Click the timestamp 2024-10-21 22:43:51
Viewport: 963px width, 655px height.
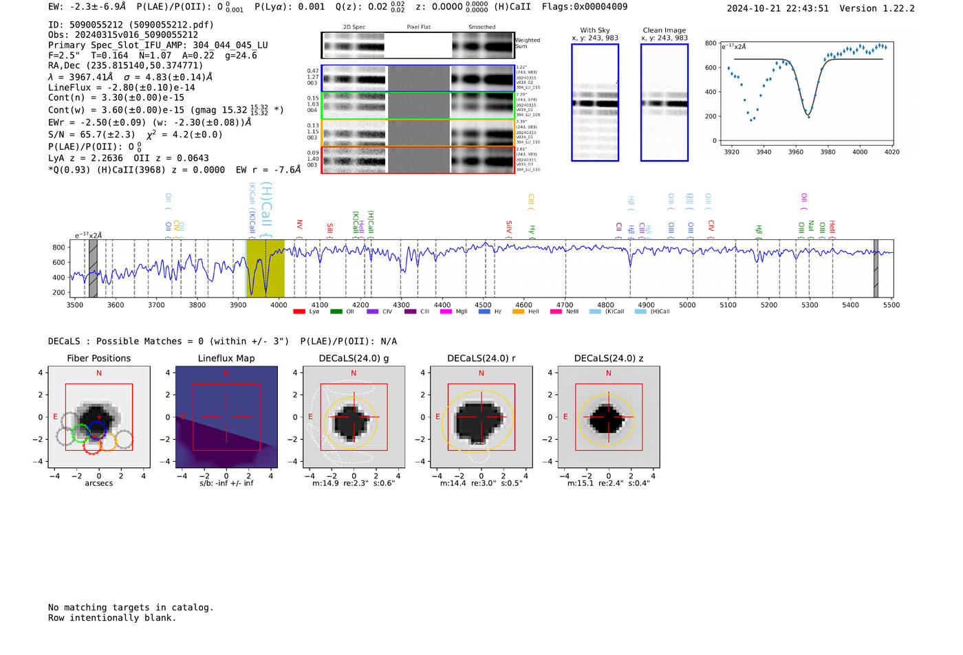(777, 8)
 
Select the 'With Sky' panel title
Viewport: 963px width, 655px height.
(594, 30)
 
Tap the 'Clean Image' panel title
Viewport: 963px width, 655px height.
(664, 30)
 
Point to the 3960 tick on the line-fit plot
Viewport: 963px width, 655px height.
(795, 152)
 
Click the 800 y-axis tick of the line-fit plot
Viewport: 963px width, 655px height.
(711, 43)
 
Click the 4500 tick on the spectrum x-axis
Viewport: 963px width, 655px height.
(483, 304)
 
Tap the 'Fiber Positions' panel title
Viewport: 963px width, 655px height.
(98, 358)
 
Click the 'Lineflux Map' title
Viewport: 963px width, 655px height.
(226, 358)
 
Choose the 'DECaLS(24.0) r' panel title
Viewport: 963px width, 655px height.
(481, 358)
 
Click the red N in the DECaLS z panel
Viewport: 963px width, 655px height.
(608, 373)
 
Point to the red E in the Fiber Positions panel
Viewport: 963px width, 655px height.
(55, 417)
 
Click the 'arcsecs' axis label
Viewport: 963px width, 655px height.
(98, 483)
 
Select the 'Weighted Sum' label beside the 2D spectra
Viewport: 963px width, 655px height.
(527, 43)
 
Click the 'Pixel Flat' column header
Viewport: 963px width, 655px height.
(418, 27)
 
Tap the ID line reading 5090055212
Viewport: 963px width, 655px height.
(131, 25)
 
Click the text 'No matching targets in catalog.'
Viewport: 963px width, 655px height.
(131, 607)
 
